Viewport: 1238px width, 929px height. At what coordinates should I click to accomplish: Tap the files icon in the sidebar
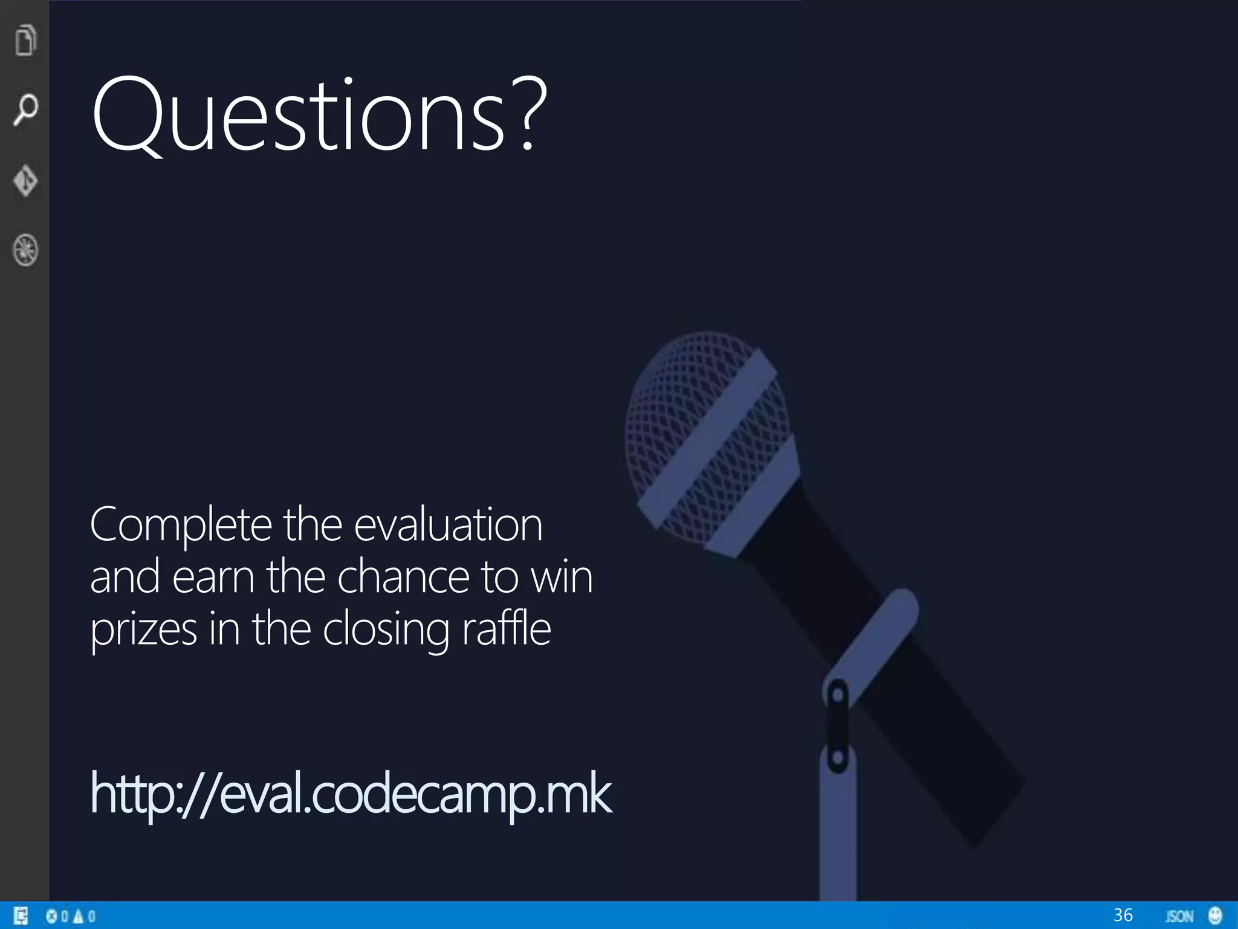pos(25,40)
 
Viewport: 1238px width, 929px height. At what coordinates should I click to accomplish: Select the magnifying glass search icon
pos(25,109)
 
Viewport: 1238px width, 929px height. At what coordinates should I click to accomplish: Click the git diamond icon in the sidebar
pos(25,180)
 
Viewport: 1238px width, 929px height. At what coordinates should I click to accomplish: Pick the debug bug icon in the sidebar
pos(25,250)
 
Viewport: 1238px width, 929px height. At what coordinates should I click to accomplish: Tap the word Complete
pos(181,525)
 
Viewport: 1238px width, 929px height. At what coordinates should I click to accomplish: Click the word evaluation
pos(448,525)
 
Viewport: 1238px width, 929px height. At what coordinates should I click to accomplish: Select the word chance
pos(403,577)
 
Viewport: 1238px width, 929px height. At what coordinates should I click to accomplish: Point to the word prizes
pos(143,630)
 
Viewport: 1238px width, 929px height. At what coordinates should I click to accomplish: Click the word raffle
pos(507,629)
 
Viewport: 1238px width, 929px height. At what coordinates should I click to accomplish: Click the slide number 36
pos(1123,915)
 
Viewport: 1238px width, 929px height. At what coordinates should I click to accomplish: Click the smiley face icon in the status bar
pos(1215,916)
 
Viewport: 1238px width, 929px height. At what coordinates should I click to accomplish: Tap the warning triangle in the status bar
pos(78,916)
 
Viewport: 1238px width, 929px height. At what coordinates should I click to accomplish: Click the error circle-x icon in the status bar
pos(52,916)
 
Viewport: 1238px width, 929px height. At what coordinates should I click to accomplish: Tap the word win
pos(562,577)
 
